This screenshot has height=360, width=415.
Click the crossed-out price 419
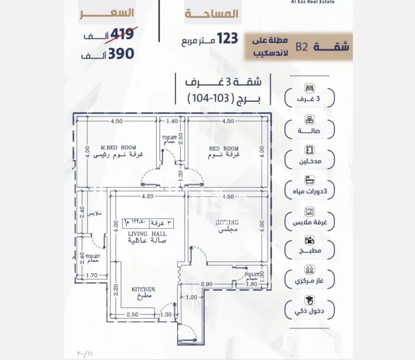coord(122,35)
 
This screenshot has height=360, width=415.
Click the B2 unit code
coord(302,47)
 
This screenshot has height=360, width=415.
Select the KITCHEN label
coord(143,289)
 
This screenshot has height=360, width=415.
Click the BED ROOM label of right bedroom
coord(224,148)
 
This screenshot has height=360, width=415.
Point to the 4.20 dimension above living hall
coord(147,196)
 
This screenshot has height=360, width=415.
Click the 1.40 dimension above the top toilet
coord(172,121)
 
